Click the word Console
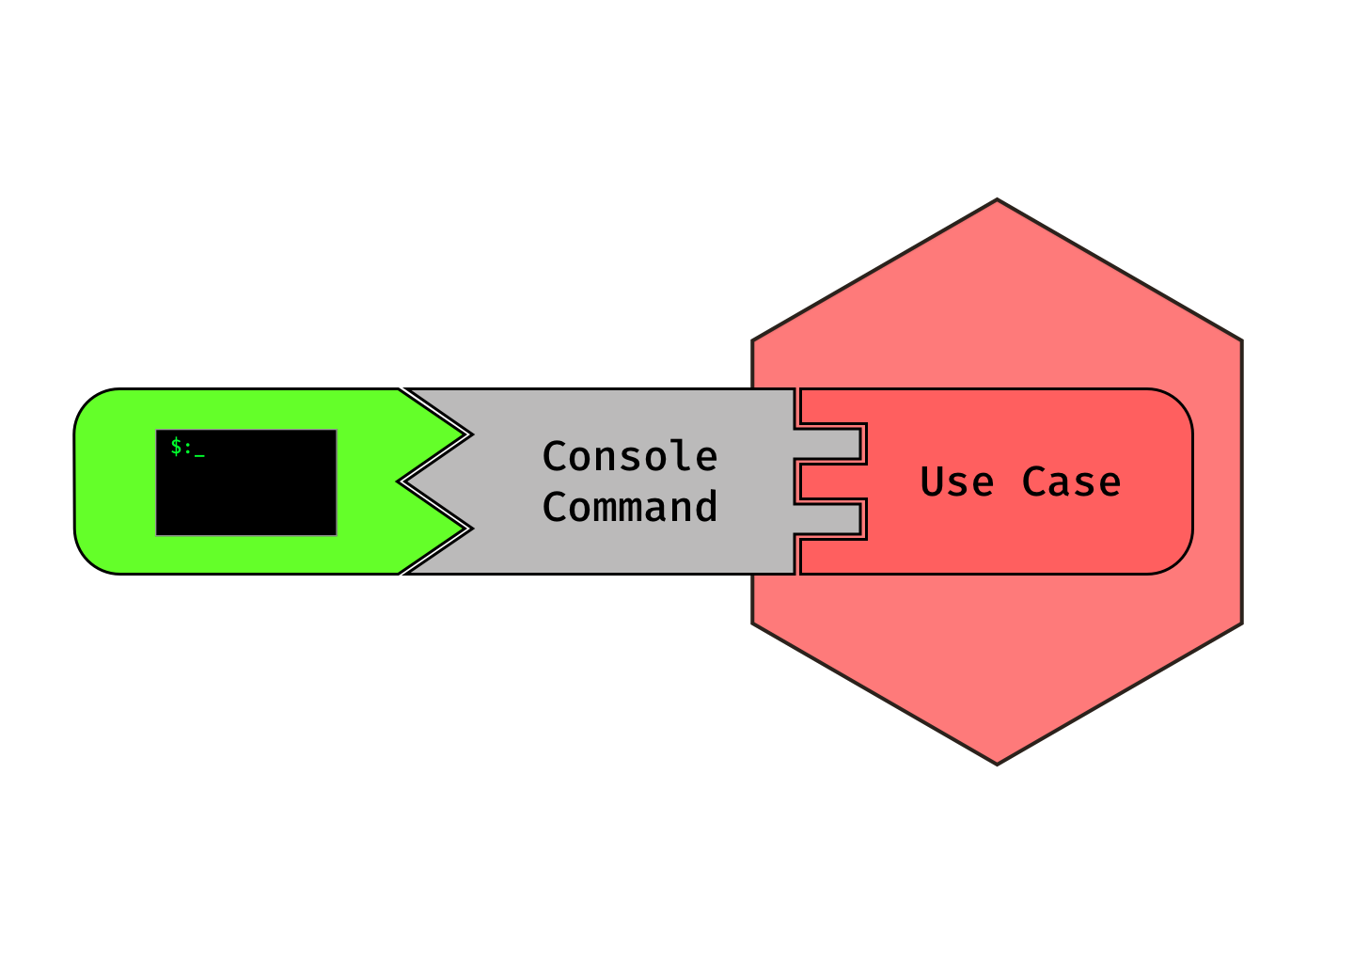[630, 457]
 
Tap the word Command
[630, 508]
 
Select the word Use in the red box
[957, 482]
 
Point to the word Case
[1071, 482]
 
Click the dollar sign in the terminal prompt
[176, 447]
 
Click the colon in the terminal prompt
[188, 449]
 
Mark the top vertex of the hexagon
[998, 200]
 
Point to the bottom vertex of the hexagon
[998, 763]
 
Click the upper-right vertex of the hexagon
[1241, 340]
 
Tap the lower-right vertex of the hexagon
[1241, 623]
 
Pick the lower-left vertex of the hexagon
[754, 623]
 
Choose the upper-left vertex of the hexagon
[754, 340]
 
